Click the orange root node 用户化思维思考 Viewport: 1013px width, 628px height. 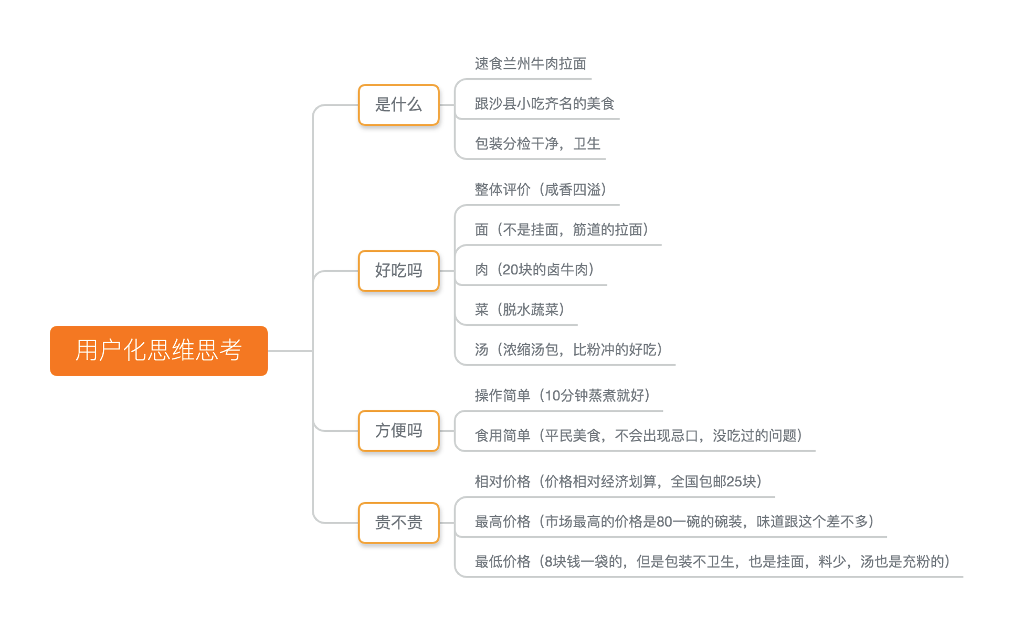click(159, 350)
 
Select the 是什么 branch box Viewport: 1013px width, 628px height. click(398, 104)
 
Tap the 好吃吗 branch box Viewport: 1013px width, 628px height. click(398, 271)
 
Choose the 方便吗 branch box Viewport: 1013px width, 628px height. click(398, 431)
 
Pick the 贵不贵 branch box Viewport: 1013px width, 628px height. click(398, 523)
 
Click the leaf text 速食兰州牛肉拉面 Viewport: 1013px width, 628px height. click(530, 63)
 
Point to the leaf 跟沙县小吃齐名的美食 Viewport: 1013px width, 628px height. click(544, 103)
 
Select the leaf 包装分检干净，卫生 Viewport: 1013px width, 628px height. click(537, 143)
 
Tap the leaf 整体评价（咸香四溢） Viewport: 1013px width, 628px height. click(541, 189)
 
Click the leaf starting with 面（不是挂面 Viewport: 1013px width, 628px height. click(562, 229)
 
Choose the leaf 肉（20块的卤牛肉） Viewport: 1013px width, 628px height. click(535, 269)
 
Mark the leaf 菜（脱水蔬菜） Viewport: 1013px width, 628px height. click(520, 310)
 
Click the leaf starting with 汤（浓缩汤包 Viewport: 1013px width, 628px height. click(569, 349)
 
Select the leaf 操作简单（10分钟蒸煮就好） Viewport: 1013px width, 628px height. click(563, 395)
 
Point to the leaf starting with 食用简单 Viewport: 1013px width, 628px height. click(639, 435)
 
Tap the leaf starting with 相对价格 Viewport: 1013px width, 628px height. click(619, 481)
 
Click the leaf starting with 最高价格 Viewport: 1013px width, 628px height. click(674, 521)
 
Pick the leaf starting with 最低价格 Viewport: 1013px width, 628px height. click(713, 561)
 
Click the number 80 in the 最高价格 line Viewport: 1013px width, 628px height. click(664, 521)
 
